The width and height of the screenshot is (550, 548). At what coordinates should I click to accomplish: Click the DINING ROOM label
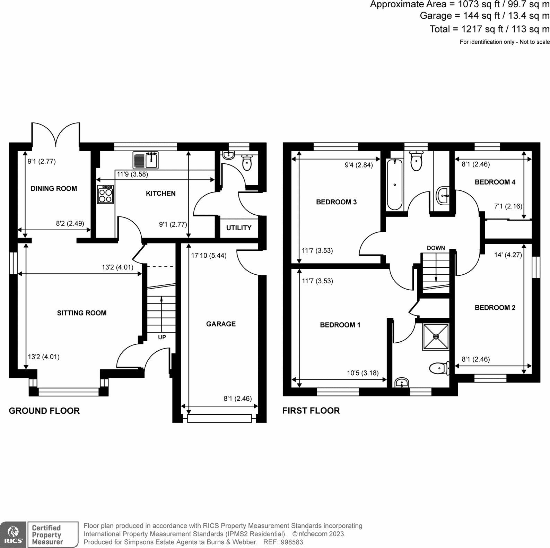54,189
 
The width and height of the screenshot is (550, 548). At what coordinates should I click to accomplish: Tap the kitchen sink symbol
146,160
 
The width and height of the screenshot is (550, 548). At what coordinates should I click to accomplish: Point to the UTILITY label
239,228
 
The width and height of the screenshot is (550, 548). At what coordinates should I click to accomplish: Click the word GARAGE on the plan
221,324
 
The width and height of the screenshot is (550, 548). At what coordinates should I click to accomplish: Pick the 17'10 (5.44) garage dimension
209,256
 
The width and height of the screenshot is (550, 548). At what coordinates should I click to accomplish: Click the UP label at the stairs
162,337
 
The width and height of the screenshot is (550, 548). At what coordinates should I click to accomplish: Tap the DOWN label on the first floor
436,248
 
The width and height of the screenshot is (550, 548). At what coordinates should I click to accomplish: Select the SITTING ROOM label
82,313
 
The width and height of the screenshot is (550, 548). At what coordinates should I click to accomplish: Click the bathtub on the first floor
394,185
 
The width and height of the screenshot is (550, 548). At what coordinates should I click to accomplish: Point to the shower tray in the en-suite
436,336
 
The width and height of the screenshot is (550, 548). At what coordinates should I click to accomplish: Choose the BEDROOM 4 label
495,182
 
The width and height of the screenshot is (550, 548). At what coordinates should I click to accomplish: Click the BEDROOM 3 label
336,202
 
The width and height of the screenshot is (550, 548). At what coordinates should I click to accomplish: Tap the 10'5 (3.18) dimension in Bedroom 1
363,373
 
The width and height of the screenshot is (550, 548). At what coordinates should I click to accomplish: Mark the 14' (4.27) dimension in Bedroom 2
508,255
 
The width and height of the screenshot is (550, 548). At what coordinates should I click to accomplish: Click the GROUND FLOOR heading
44,411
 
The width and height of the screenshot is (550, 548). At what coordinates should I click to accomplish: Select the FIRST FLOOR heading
311,411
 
